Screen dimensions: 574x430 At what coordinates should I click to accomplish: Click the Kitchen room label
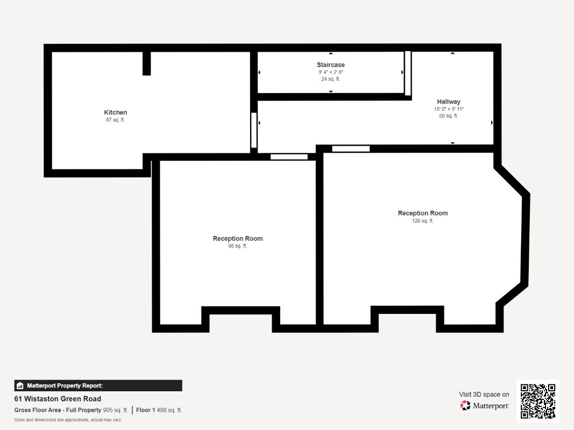coord(115,112)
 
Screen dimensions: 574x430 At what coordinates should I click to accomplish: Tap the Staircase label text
coord(330,64)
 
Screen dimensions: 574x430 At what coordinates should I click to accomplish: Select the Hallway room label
coord(449,102)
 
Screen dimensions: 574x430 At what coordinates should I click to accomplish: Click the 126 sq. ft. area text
coord(423,221)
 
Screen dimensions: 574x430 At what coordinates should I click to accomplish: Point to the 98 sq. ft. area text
coord(238,246)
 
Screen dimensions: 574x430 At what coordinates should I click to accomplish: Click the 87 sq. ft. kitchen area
coord(115,120)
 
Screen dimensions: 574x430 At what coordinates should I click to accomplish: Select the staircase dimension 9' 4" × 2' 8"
coord(330,72)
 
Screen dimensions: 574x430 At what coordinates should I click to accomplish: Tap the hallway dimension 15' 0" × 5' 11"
coord(449,109)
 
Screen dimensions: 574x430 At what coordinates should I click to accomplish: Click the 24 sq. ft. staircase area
coord(330,79)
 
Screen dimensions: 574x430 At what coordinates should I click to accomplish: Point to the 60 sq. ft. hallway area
coord(449,116)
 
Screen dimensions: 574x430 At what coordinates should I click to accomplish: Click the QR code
coord(538,401)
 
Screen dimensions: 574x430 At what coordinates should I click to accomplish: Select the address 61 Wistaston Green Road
coord(58,399)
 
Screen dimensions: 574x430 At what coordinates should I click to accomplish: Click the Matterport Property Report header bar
coord(98,385)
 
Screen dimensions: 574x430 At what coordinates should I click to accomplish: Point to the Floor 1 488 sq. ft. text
coord(159,410)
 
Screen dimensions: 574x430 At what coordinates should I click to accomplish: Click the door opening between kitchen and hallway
coord(254,130)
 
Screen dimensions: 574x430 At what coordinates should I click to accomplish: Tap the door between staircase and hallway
coord(407,73)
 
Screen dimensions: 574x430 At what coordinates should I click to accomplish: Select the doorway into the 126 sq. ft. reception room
coord(351,148)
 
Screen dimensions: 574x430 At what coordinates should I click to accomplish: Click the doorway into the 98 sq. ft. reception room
coord(289,157)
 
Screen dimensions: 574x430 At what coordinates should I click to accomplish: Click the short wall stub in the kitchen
coord(146,63)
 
